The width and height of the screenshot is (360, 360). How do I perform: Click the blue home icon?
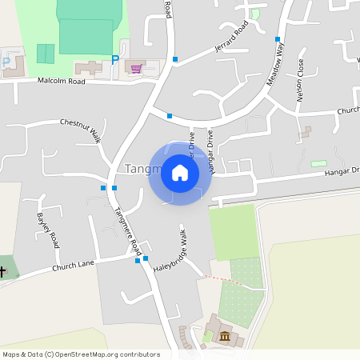click(180, 173)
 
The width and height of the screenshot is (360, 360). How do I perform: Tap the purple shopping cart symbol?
click(137, 69)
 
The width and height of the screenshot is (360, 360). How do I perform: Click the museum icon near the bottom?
click(225, 336)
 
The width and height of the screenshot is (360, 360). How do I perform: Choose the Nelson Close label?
click(301, 80)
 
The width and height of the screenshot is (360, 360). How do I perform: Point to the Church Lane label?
click(74, 266)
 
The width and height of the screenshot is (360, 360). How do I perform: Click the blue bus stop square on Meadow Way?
click(278, 38)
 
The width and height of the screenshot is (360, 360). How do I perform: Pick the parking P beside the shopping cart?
click(115, 59)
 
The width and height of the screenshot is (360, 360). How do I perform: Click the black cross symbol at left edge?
click(2, 272)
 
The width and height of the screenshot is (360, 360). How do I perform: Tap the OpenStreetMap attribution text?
click(81, 354)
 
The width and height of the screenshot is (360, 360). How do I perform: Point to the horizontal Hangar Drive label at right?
click(342, 170)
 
